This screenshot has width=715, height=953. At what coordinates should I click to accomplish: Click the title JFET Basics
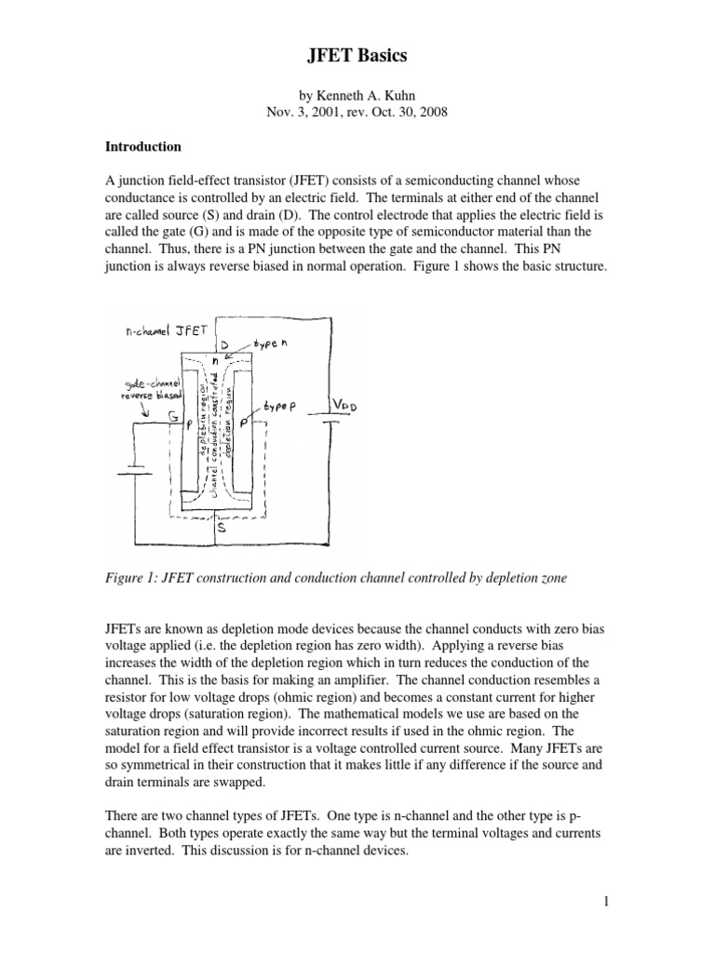(x=357, y=57)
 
